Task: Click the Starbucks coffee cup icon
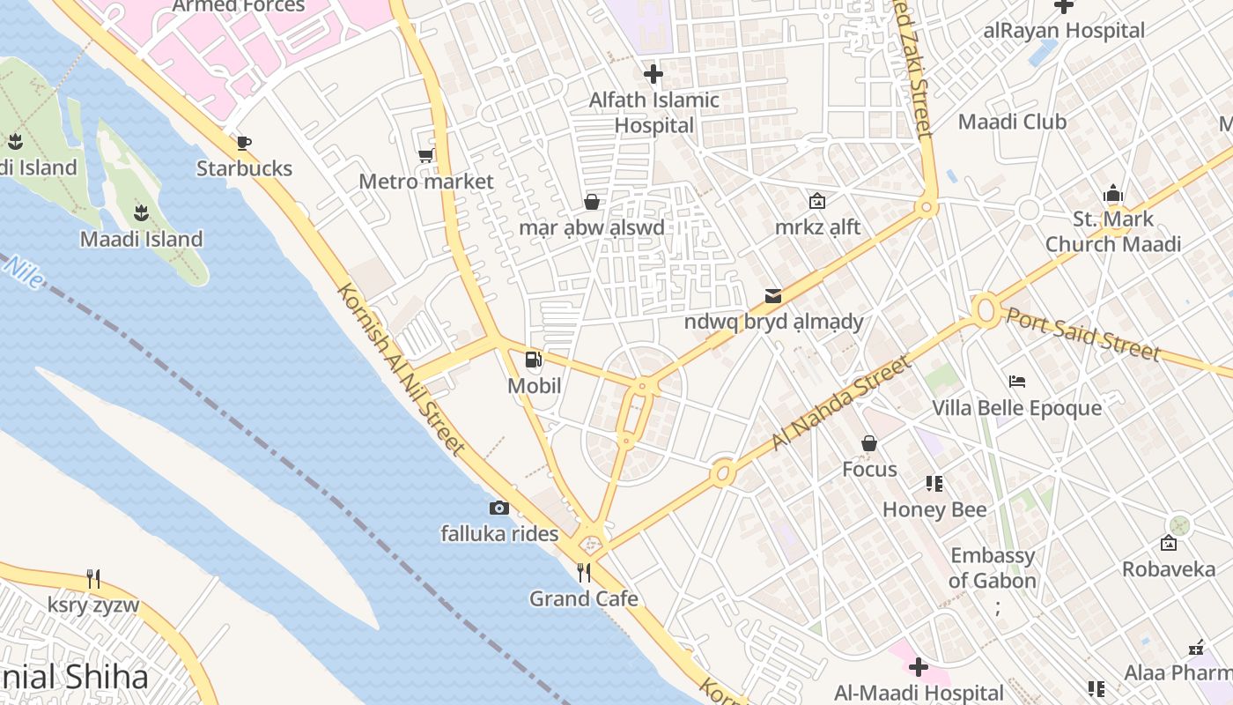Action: pos(244,143)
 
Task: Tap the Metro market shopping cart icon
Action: pos(425,156)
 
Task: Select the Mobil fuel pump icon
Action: pos(533,359)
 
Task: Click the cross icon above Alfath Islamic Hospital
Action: pos(653,74)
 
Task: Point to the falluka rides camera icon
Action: pos(498,508)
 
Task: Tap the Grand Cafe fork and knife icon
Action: pos(583,573)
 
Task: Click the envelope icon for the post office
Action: pos(773,296)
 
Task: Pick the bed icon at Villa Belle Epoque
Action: pos(1017,382)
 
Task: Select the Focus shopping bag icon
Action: pos(869,443)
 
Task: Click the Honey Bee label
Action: pos(934,509)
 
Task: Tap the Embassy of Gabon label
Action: pos(992,568)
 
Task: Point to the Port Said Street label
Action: pos(1083,333)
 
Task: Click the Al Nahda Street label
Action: pos(840,402)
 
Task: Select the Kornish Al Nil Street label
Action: pos(401,369)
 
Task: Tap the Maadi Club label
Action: pos(1012,122)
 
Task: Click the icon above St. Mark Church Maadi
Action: pos(1113,193)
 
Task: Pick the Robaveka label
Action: pos(1169,569)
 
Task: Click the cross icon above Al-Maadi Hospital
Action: pos(919,667)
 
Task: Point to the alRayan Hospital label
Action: pos(1064,30)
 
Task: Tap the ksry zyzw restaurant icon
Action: pos(93,579)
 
